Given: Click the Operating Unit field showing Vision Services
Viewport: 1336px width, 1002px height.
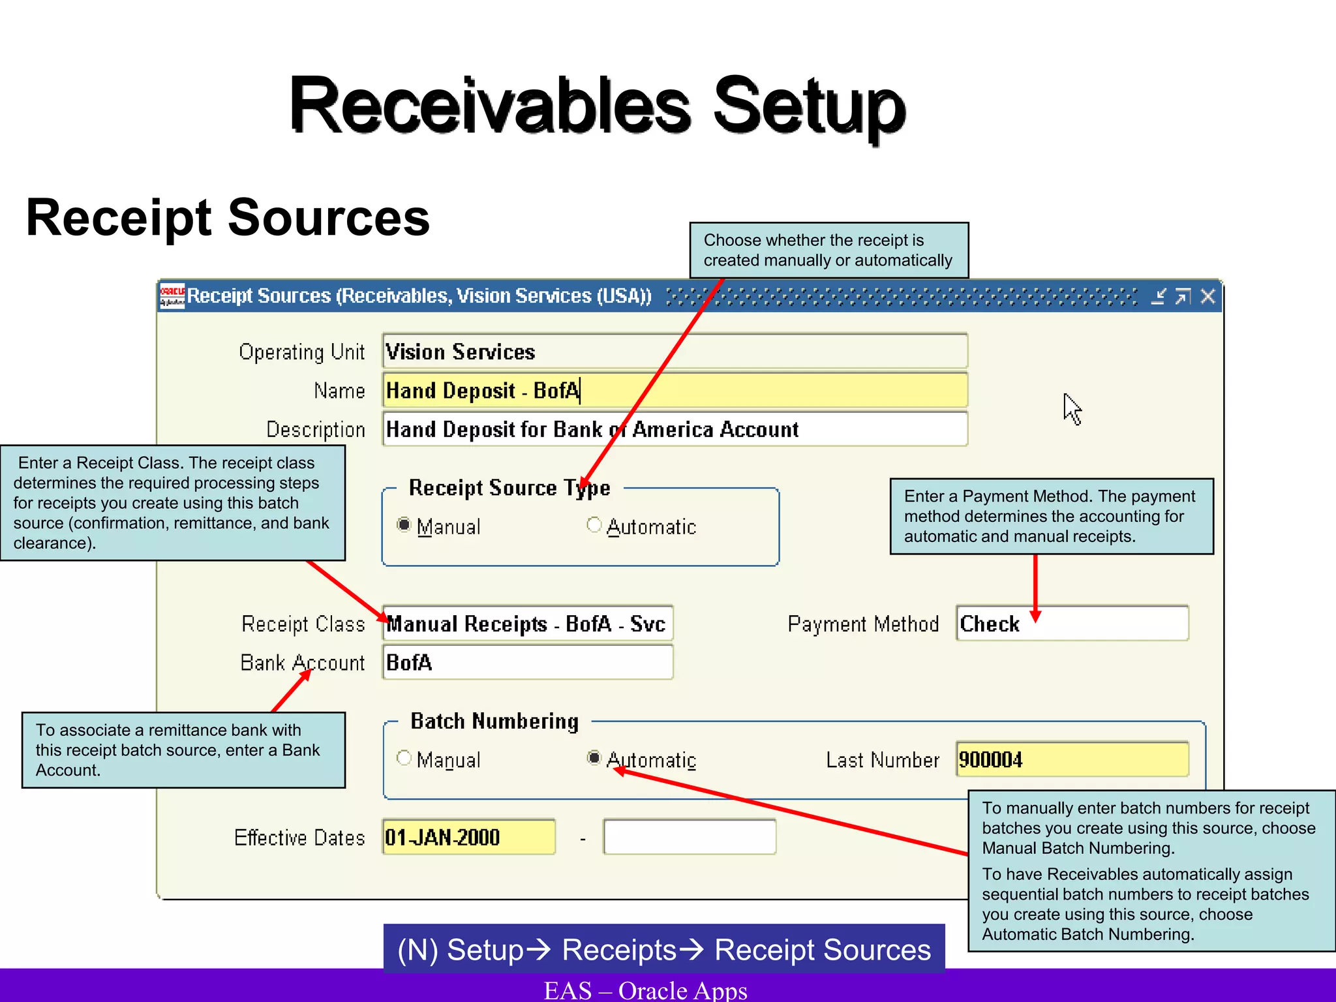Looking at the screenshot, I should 675,352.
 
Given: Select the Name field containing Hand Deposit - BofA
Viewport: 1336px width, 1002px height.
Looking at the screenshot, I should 675,390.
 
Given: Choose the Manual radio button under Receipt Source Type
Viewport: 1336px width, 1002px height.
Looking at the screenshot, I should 404,525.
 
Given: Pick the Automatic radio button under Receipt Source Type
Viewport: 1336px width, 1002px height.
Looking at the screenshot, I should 594,525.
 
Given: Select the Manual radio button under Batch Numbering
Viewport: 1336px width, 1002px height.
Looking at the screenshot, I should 404,758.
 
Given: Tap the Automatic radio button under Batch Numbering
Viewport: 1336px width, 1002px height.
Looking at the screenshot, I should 594,758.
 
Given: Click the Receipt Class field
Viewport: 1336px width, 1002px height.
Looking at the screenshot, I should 527,624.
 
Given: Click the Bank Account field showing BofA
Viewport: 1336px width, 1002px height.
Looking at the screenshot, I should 527,662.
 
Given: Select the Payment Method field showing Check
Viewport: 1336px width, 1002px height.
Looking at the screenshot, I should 1072,624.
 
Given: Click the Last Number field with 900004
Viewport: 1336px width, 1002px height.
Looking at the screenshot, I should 1072,759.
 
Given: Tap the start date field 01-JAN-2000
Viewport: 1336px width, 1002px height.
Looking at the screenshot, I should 468,837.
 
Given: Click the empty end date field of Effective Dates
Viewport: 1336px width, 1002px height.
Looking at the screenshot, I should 690,837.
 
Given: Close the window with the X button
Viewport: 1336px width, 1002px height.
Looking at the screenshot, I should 1207,297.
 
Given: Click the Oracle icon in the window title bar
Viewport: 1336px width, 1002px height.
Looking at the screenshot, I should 172,296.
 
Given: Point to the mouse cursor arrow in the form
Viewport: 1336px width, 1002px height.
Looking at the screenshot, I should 1071,408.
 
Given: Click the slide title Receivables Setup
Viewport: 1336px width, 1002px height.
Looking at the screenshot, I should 597,106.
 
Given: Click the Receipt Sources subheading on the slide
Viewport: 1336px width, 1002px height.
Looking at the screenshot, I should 228,218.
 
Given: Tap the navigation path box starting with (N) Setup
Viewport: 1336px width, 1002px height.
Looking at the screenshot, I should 663,949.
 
